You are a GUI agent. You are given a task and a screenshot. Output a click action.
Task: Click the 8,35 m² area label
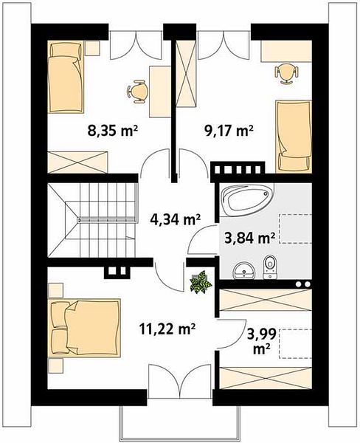pos(112,131)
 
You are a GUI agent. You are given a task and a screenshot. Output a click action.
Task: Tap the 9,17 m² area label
pos(229,131)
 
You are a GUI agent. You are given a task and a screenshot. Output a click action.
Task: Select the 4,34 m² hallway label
pos(175,219)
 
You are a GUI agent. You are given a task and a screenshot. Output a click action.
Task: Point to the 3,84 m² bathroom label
pos(249,238)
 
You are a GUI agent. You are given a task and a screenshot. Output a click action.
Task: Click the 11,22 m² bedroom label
pos(167,329)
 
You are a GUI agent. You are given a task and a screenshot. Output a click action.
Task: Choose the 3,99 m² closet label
pos(261,342)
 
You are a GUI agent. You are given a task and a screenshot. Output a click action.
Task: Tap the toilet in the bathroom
pos(270,267)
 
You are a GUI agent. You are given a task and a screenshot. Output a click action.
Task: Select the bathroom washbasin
pos(244,270)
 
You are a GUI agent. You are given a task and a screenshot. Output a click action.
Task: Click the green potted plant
pos(201,282)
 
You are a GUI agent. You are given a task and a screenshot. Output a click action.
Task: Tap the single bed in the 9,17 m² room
pos(294,137)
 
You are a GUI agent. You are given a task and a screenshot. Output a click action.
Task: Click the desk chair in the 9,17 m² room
pos(286,73)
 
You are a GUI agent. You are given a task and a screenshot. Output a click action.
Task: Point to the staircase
pos(93,220)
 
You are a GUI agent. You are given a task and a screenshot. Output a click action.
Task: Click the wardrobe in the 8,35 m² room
pos(78,162)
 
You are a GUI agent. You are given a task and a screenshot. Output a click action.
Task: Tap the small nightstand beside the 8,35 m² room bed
pos(93,48)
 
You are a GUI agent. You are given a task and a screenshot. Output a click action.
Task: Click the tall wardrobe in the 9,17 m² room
pos(185,73)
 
